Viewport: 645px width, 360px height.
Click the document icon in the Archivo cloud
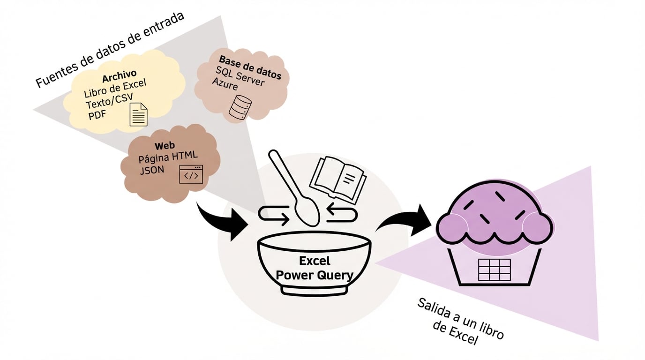pos(138,114)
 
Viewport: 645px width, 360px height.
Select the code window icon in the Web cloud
pos(191,174)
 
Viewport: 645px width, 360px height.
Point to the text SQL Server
pos(240,76)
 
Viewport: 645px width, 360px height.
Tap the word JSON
pos(152,170)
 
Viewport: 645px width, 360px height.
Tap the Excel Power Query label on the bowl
pos(315,268)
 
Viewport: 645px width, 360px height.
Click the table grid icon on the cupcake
pos(494,269)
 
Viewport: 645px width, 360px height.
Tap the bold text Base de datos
pos(250,67)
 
